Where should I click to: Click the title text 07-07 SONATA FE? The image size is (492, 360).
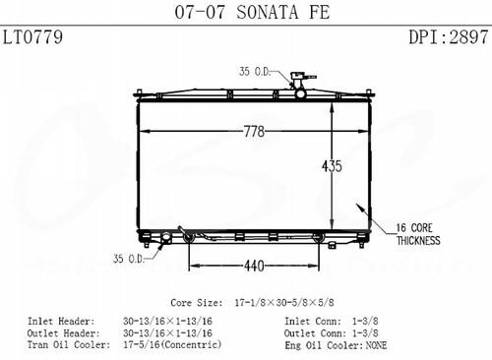[x=252, y=12]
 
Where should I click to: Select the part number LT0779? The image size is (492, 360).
[x=32, y=36]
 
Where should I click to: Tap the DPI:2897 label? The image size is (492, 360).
[x=449, y=36]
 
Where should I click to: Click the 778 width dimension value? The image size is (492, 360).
[x=254, y=132]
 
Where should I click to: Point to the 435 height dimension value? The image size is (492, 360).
[x=332, y=166]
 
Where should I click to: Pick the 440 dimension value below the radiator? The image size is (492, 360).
[x=254, y=266]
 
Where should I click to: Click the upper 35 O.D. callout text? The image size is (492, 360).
[x=255, y=71]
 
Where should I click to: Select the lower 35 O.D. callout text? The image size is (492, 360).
[x=129, y=259]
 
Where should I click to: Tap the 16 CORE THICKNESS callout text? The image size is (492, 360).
[x=418, y=234]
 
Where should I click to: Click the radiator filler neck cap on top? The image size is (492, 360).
[x=298, y=77]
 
